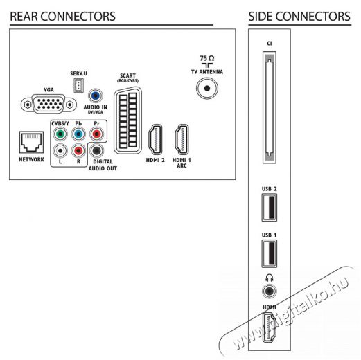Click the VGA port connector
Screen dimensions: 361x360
(x=49, y=105)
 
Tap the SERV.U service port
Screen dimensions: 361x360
(x=78, y=85)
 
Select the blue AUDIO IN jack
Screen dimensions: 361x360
(x=96, y=96)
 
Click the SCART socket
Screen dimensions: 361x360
(x=127, y=120)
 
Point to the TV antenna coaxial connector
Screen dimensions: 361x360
(x=207, y=88)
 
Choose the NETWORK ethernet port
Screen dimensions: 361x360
(x=31, y=143)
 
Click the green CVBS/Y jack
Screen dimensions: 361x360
(x=60, y=134)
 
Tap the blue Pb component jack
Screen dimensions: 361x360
(x=78, y=134)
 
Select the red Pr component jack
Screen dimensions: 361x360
(x=96, y=134)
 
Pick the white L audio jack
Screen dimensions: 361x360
(x=60, y=151)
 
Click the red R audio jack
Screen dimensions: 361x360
(x=78, y=151)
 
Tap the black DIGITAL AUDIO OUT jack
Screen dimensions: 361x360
(x=96, y=151)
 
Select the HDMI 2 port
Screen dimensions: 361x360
(x=155, y=139)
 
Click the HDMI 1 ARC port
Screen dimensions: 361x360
(x=182, y=139)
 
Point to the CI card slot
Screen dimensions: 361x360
(x=270, y=107)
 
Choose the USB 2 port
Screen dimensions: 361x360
(x=270, y=208)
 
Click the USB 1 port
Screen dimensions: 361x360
(x=270, y=253)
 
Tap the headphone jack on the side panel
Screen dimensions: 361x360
(x=270, y=291)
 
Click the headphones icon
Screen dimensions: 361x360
(x=270, y=278)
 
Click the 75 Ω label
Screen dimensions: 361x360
(x=207, y=58)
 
